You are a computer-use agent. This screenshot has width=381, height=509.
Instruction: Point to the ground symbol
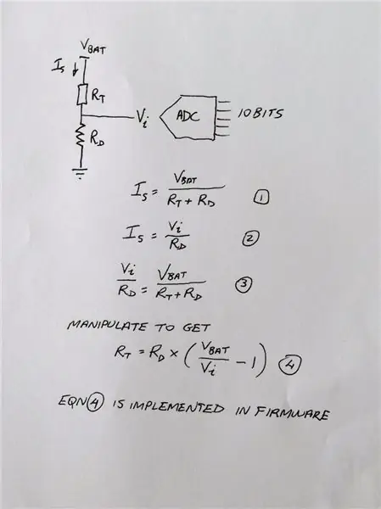pyautogui.click(x=81, y=173)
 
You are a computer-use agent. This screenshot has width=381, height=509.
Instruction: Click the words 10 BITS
pyautogui.click(x=261, y=114)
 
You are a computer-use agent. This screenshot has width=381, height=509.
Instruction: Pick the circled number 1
pyautogui.click(x=261, y=198)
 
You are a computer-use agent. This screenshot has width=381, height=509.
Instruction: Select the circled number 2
pyautogui.click(x=250, y=238)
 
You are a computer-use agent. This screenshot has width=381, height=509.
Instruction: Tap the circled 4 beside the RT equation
pyautogui.click(x=289, y=364)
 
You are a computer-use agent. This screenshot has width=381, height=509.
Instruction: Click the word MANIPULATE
pyautogui.click(x=106, y=326)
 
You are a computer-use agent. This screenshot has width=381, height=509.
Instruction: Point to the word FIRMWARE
pyautogui.click(x=291, y=413)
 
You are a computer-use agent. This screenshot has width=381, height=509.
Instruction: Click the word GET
pyautogui.click(x=196, y=327)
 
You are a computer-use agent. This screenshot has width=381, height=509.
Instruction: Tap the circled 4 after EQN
pyautogui.click(x=95, y=402)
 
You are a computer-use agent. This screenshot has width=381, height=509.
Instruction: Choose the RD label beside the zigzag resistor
pyautogui.click(x=97, y=138)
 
